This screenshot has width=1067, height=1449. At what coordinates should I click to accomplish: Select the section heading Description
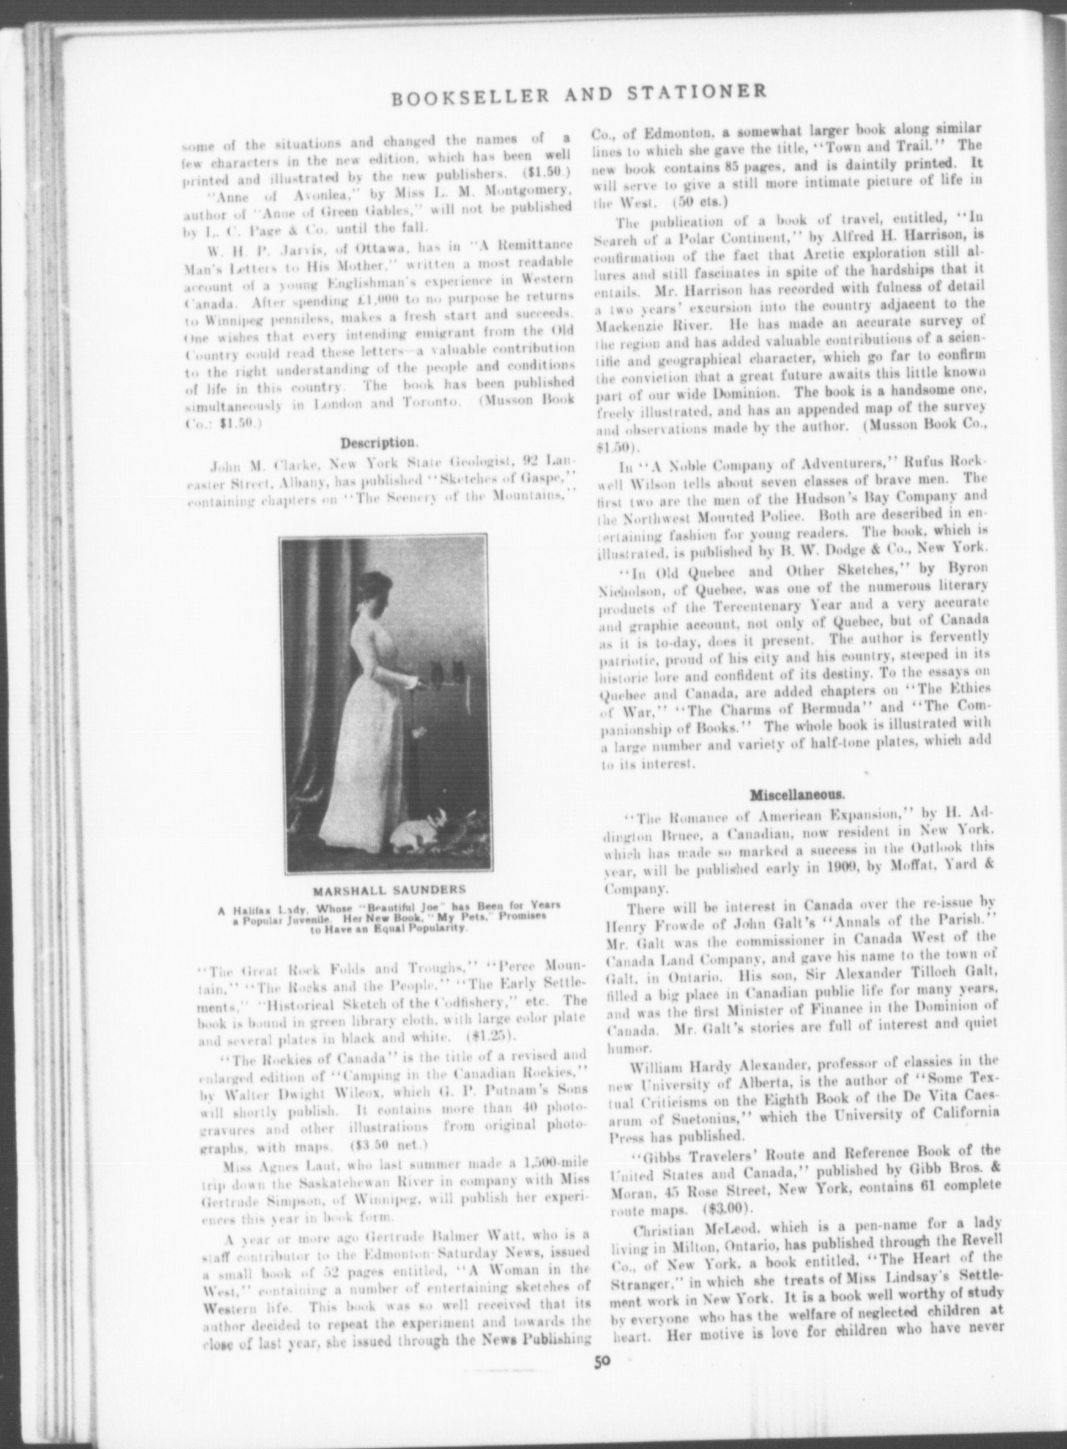tap(380, 443)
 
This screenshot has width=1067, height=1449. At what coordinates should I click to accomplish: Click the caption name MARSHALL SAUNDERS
tap(390, 890)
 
